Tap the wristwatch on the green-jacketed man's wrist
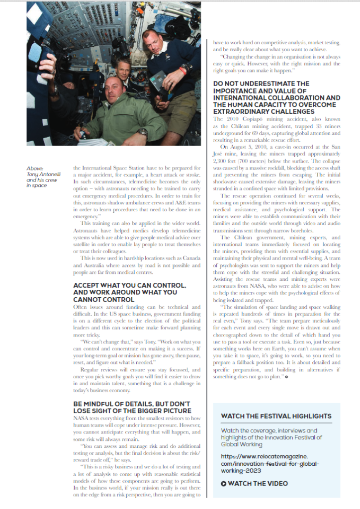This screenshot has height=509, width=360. point(143,133)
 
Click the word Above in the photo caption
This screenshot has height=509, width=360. point(36,168)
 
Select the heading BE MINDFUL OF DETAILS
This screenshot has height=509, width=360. point(132,408)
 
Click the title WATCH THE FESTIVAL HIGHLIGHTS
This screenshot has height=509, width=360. point(276,416)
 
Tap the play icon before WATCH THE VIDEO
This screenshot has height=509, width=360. point(224,483)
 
